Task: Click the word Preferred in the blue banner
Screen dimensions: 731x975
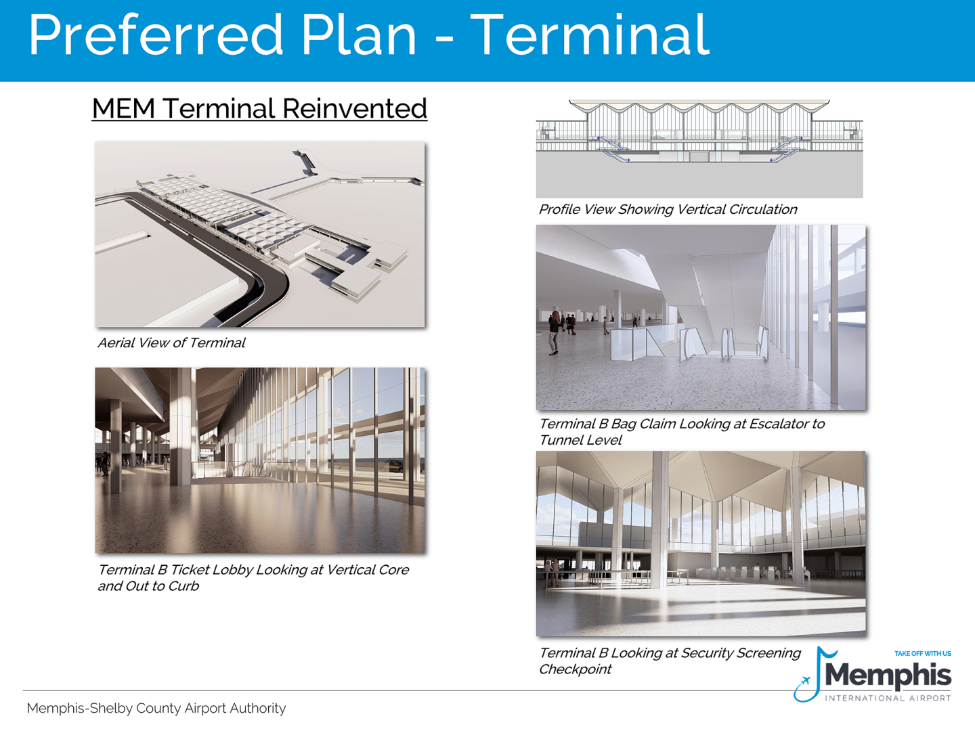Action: pos(156,35)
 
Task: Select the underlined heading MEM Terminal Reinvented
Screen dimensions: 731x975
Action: pos(259,108)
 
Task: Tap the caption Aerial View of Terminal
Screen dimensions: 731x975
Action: pos(171,343)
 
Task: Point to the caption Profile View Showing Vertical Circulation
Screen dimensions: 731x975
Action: pos(668,210)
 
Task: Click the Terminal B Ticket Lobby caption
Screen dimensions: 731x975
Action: pos(253,577)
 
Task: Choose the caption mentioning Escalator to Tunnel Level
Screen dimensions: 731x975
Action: pos(681,432)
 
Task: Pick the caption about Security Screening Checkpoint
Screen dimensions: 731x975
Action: pos(669,661)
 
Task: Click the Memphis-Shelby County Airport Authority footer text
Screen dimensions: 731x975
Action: pos(156,708)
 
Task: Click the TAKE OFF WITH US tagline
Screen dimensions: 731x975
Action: pos(922,653)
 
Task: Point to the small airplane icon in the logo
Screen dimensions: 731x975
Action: pos(804,681)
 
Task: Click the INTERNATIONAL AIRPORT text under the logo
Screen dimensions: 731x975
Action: pos(888,698)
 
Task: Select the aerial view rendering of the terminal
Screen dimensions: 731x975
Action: pos(260,234)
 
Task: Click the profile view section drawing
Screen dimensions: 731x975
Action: pos(699,149)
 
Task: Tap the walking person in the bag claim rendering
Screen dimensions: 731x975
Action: pos(555,332)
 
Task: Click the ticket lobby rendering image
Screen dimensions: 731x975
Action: pos(260,460)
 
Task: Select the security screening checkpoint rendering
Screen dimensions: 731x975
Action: pos(701,544)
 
